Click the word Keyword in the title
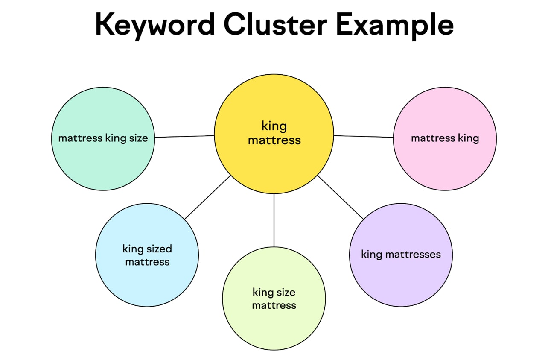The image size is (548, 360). (x=154, y=25)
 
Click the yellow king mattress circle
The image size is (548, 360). (x=274, y=158)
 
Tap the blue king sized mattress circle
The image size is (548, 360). (x=147, y=278)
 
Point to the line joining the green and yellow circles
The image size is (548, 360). (x=184, y=136)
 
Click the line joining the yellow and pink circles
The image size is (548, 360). (x=363, y=136)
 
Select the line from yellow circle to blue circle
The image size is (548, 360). (x=207, y=197)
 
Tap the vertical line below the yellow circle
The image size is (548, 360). (x=274, y=220)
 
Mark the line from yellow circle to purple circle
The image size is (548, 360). (x=341, y=197)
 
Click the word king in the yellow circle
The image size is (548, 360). (x=274, y=126)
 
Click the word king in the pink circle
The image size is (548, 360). (x=469, y=139)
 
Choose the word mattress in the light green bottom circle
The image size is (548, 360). (x=274, y=305)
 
